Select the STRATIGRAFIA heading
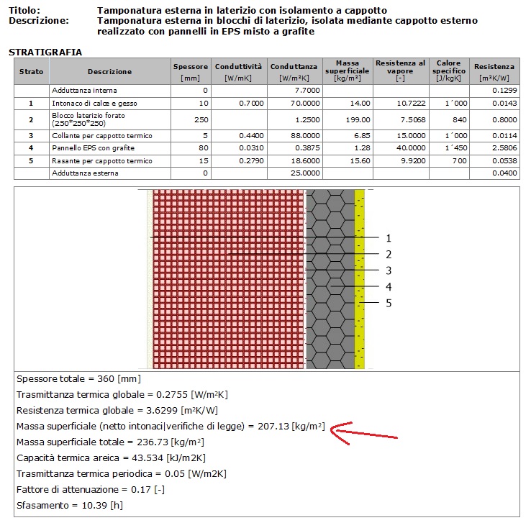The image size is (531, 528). [x=45, y=53]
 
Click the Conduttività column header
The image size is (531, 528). [x=240, y=71]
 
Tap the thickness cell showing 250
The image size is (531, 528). [x=201, y=119]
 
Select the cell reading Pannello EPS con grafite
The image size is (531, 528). [x=88, y=147]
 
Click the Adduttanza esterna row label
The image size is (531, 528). [x=83, y=173]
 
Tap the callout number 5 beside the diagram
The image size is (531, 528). [x=389, y=304]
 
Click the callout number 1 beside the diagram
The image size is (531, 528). [x=389, y=238]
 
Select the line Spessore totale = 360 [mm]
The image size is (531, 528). [x=78, y=379]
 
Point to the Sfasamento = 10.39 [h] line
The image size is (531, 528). [x=69, y=505]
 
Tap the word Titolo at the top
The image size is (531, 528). [x=24, y=11]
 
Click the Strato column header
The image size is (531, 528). [x=31, y=71]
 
